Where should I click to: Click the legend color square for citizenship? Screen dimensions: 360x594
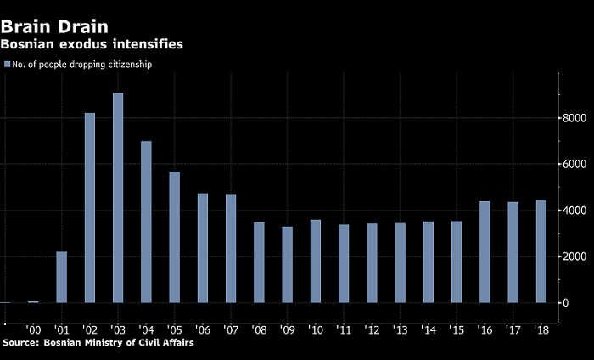click(7, 65)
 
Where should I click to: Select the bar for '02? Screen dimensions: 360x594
click(90, 207)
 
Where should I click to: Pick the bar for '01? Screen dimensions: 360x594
click(61, 277)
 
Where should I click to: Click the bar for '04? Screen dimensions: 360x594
click(146, 222)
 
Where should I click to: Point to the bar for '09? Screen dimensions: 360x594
click(288, 264)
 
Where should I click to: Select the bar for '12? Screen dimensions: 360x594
click(372, 262)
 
